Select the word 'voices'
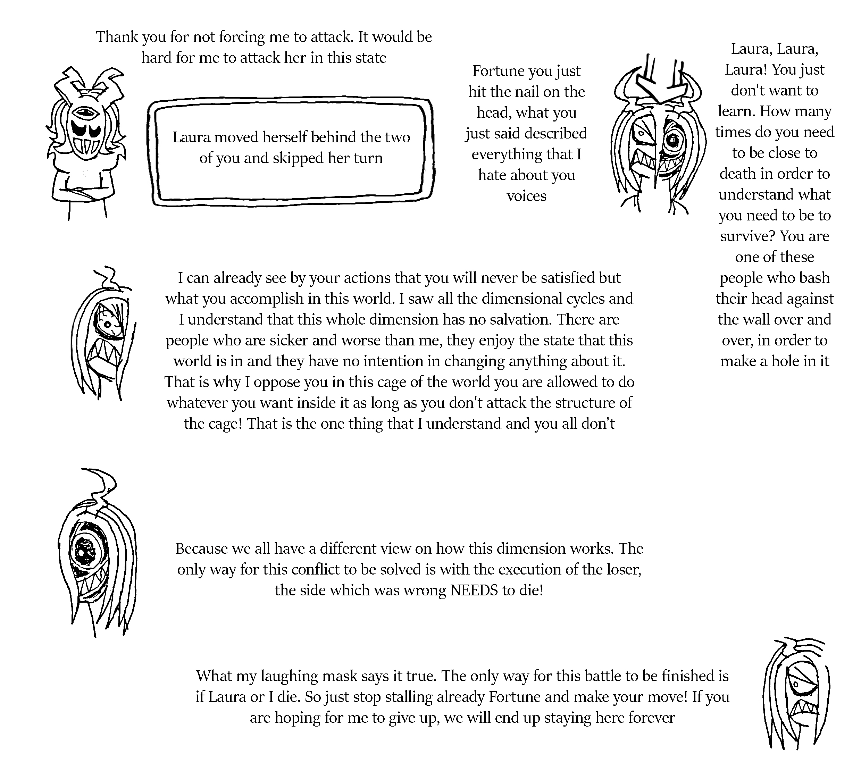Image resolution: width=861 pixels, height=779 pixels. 526,196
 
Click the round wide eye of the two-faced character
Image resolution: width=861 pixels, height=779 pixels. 673,140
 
